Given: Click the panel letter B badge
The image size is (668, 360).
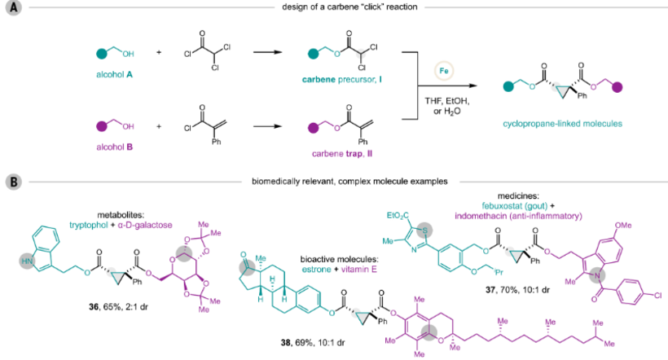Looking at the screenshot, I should (14, 179).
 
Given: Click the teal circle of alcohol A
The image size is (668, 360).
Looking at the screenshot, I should (100, 54).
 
